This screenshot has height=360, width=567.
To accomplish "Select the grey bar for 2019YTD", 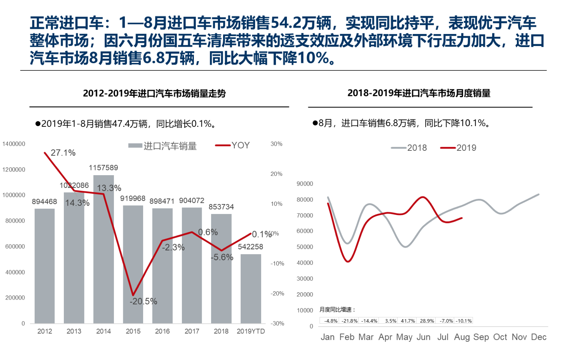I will [251, 289].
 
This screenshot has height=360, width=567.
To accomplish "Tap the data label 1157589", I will [103, 168].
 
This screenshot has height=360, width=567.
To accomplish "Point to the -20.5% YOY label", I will [143, 301].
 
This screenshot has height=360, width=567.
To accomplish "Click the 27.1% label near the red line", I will [63, 153].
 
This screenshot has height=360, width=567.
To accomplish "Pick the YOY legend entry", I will [233, 146].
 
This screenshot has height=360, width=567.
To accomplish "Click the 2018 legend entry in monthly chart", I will [409, 148].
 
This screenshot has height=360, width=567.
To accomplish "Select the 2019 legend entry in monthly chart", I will [459, 148].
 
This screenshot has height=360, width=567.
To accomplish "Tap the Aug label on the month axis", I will [462, 337].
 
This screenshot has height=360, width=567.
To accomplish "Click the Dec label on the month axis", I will [539, 337].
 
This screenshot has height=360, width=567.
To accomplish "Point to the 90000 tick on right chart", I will [305, 184].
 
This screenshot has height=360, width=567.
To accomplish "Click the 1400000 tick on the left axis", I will [14, 144].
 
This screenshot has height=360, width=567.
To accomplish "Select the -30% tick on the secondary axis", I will [277, 323].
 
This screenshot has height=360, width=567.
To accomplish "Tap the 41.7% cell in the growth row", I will [408, 321].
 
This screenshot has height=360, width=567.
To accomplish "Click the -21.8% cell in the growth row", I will [350, 321].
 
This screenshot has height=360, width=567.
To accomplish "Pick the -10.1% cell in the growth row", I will [464, 321].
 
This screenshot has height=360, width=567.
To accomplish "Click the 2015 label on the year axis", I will [133, 331].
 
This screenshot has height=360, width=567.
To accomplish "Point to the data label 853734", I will [221, 207].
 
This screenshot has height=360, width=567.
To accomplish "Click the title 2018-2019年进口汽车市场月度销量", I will [419, 93].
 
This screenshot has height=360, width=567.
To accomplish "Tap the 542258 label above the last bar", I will [251, 247].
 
